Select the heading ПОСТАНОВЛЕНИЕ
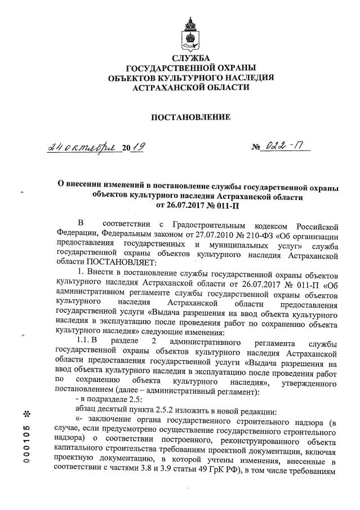[191, 118]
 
